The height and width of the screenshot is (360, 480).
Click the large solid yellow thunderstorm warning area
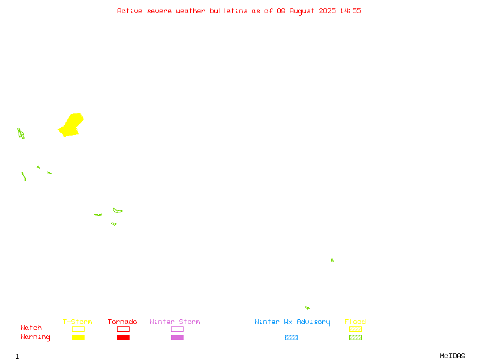click(71, 125)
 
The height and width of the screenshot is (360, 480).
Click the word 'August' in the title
click(302, 11)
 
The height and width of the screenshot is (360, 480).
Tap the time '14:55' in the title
click(350, 11)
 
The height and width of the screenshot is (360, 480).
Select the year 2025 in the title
click(327, 11)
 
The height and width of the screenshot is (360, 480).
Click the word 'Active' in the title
click(130, 11)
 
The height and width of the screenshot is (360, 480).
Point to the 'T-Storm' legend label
click(77, 322)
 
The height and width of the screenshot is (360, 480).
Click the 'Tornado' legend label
click(122, 322)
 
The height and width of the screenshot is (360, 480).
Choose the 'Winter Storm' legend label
click(175, 322)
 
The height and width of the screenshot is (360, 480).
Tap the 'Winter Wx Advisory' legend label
click(292, 322)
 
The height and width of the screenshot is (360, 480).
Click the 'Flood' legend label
click(355, 322)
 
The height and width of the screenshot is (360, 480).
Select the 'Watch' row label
click(31, 328)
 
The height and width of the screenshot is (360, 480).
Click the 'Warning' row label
click(35, 337)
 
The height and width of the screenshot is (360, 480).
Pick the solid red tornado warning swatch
click(124, 337)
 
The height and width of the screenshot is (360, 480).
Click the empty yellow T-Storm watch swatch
click(79, 329)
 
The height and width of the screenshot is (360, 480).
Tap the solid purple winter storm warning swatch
click(177, 337)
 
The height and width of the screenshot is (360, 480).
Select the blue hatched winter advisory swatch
click(291, 337)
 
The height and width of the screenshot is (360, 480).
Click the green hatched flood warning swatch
click(355, 337)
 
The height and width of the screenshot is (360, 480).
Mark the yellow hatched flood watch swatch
click(355, 329)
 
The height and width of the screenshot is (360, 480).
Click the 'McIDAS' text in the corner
click(452, 356)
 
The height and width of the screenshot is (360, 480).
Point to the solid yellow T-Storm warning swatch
click(79, 337)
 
